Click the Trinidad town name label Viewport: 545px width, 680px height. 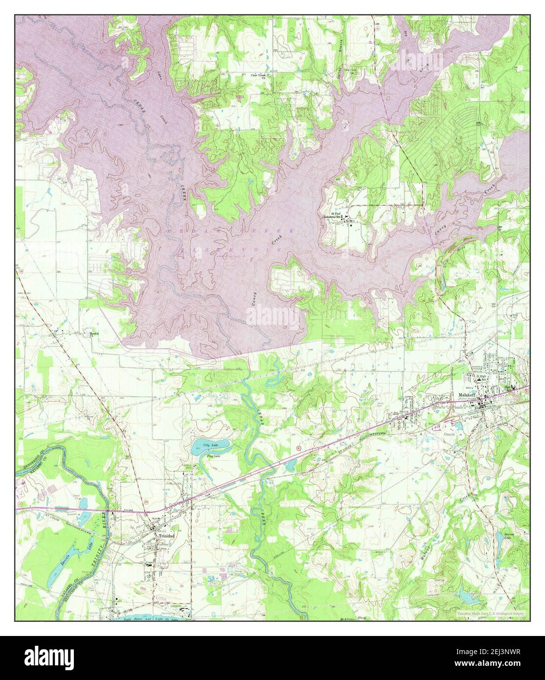[x=165, y=536]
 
